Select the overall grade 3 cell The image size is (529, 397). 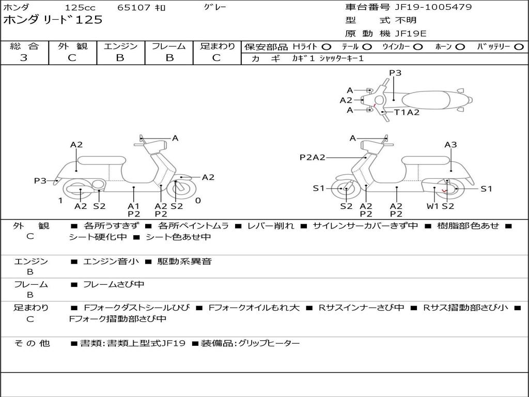point(24,58)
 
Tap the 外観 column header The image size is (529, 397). point(72,46)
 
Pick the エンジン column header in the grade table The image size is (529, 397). point(120,46)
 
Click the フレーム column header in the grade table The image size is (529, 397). point(168,46)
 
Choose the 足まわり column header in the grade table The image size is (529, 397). point(217,46)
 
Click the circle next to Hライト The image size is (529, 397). point(326,47)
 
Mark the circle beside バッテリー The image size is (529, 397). point(519,47)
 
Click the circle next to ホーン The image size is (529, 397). point(460,47)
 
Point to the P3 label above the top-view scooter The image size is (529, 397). point(395,73)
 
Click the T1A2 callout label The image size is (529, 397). point(407,112)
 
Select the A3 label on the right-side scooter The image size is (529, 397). point(450,145)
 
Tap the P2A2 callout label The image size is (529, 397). point(313,157)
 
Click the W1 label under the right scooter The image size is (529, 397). point(432,206)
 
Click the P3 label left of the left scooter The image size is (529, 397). point(40,180)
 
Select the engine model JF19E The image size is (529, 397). point(411,34)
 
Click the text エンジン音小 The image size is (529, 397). point(111,262)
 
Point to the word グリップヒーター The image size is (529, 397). point(269,343)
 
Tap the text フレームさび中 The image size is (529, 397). point(114,284)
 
